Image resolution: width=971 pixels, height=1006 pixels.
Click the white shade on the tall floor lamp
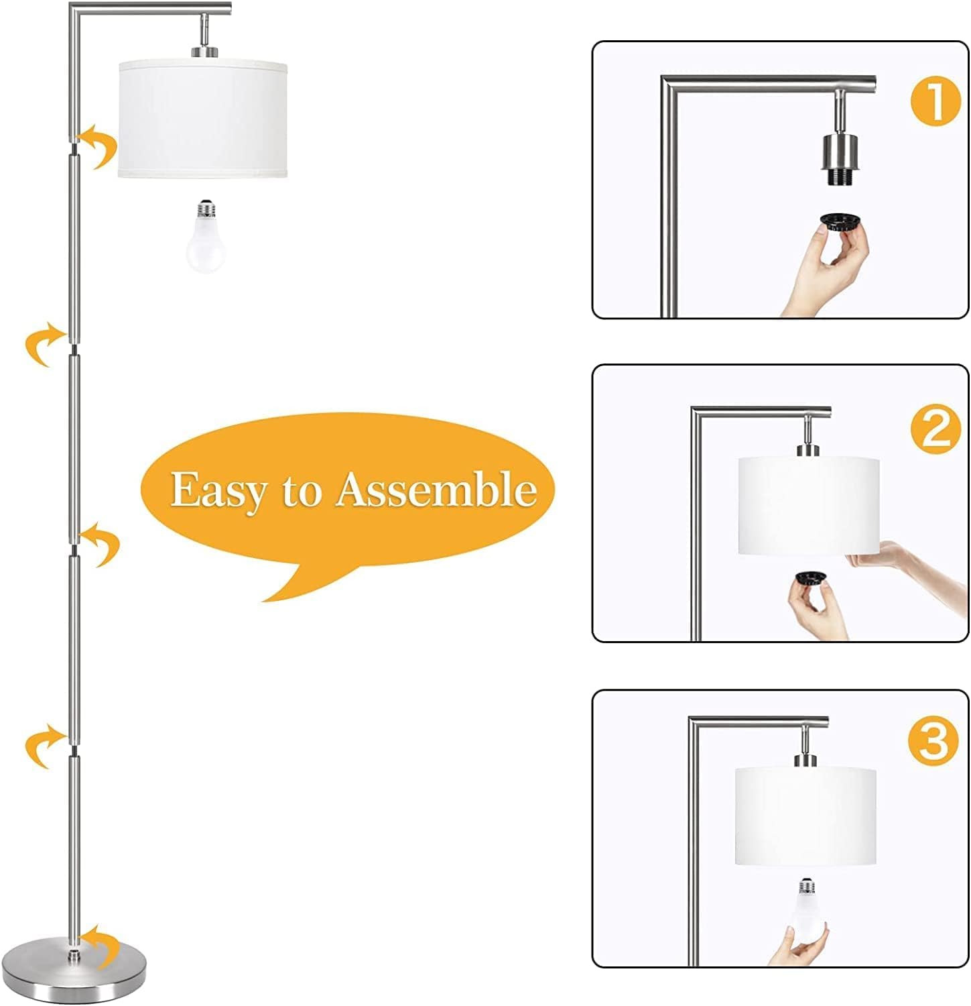pyautogui.click(x=203, y=120)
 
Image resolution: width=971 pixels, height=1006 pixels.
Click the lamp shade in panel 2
pyautogui.click(x=808, y=506)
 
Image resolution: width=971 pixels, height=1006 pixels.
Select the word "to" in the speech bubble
pyautogui.click(x=301, y=492)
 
